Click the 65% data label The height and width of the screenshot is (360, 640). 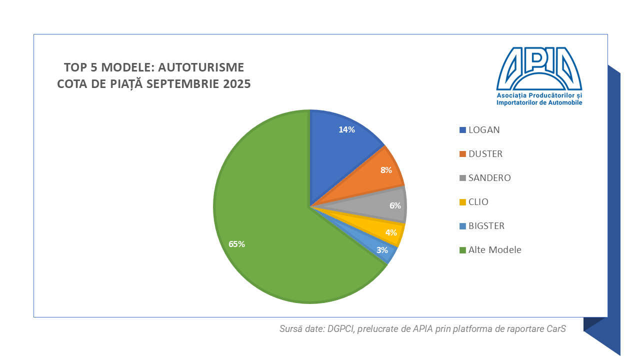(x=236, y=244)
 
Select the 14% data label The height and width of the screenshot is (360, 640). (x=346, y=129)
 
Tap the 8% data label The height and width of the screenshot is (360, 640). (x=386, y=170)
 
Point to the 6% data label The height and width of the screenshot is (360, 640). (x=395, y=205)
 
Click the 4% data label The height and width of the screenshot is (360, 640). (x=391, y=232)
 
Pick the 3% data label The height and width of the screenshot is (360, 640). (x=382, y=250)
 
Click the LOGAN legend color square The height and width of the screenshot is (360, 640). (x=462, y=130)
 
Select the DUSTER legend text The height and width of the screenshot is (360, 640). (x=485, y=154)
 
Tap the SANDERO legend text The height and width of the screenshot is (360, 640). (x=489, y=178)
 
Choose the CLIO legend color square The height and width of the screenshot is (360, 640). (x=462, y=202)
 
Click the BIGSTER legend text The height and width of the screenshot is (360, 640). (x=486, y=226)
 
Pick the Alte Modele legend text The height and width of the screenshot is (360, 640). (x=494, y=250)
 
